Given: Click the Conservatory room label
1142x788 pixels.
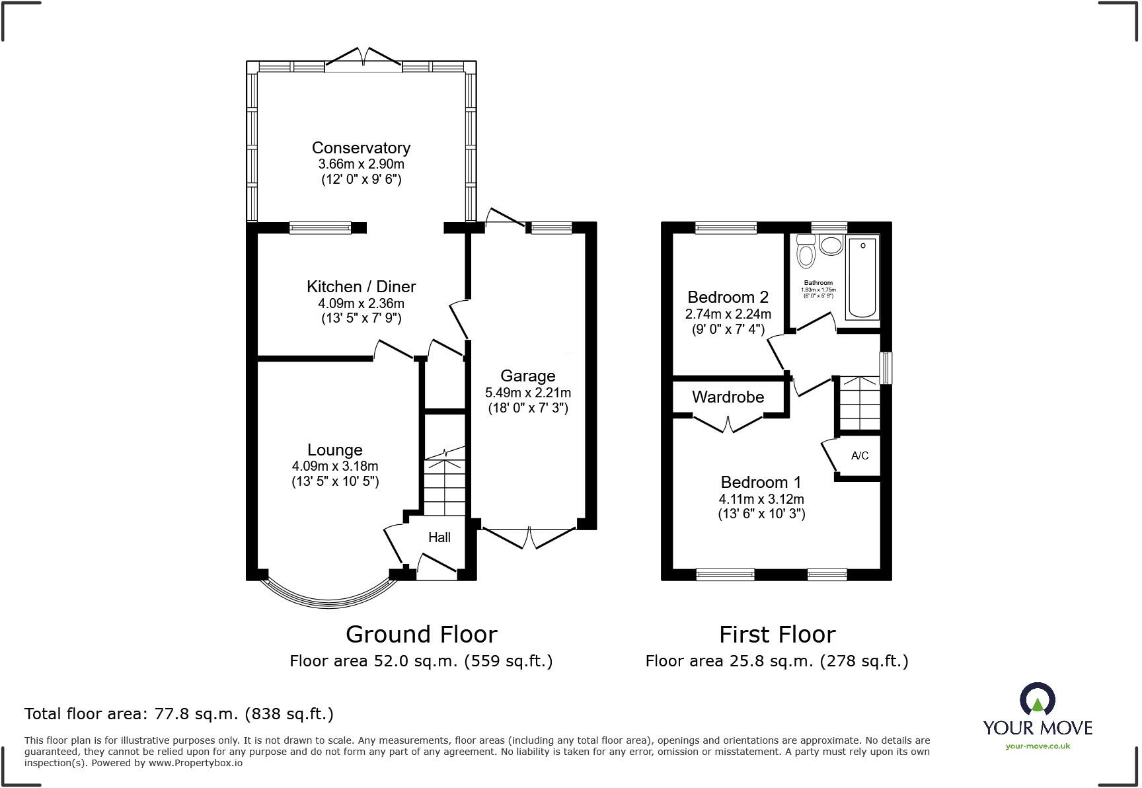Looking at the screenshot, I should [x=361, y=147].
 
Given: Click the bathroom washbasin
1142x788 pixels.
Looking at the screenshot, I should [x=831, y=245].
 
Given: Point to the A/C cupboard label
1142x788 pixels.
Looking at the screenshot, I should [x=860, y=455].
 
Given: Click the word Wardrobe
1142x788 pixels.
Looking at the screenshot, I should [x=728, y=397].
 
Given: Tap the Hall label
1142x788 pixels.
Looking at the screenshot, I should [x=439, y=537].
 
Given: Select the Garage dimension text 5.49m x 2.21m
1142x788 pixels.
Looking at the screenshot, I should [x=527, y=393].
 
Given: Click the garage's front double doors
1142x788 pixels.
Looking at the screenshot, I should [x=530, y=537].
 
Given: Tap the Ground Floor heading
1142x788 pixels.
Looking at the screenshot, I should [x=421, y=635].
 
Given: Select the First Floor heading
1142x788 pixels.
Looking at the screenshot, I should [x=777, y=635].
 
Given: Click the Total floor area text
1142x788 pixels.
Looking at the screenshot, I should [x=178, y=714].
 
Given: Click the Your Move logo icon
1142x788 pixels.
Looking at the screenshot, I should [x=1037, y=700].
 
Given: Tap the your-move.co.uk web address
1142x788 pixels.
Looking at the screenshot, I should [x=1037, y=746].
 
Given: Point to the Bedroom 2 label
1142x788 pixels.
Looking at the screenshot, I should [x=728, y=297].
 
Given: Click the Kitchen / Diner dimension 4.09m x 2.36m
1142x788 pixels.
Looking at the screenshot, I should [x=361, y=303].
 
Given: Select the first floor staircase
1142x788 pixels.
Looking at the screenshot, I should [x=859, y=403].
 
